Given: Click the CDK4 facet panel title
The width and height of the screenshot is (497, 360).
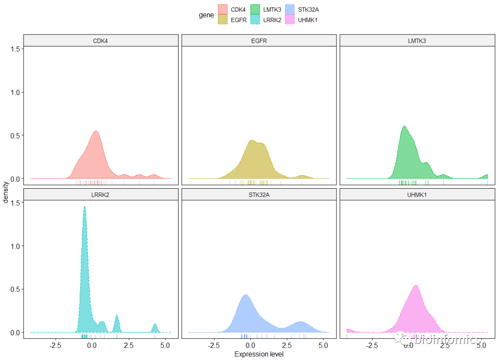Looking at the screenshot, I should click(x=100, y=41).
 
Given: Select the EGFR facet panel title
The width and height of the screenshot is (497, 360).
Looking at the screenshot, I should click(x=259, y=41).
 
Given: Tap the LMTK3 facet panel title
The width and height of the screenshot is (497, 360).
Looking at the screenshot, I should click(x=417, y=41).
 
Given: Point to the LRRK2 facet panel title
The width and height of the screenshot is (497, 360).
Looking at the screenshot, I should click(x=100, y=194).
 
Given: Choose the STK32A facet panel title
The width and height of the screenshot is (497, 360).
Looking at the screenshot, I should click(x=259, y=194).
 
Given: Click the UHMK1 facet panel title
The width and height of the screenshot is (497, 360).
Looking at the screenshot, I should click(x=417, y=194).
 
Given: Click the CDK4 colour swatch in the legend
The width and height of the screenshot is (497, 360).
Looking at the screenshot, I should click(x=223, y=10).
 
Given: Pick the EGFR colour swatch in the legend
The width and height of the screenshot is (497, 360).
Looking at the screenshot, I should click(x=223, y=20).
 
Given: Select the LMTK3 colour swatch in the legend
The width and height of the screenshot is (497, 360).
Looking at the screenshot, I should click(x=256, y=10).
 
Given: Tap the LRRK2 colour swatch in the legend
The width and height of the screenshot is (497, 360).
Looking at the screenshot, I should click(x=256, y=20).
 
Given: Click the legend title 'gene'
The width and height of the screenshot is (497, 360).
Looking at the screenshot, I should click(x=206, y=15).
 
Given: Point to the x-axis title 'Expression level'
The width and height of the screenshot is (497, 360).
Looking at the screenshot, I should click(x=259, y=354).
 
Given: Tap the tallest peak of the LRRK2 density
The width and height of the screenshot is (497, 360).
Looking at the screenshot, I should click(x=84, y=208).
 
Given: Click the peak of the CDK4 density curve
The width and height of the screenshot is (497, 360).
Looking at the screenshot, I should click(x=96, y=132).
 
